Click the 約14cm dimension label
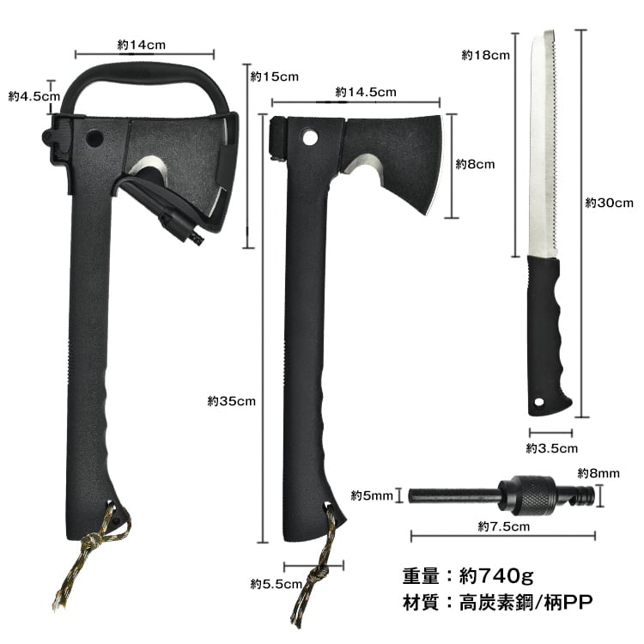click(x=142, y=45)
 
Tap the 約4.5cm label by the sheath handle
click(x=34, y=96)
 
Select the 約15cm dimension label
click(x=275, y=76)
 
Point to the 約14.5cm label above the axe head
click(x=366, y=92)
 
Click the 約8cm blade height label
click(x=475, y=164)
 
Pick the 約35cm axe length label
click(x=232, y=401)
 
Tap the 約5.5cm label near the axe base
click(x=276, y=583)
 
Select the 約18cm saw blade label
click(x=485, y=55)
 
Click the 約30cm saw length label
click(x=610, y=203)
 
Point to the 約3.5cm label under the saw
click(x=552, y=448)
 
